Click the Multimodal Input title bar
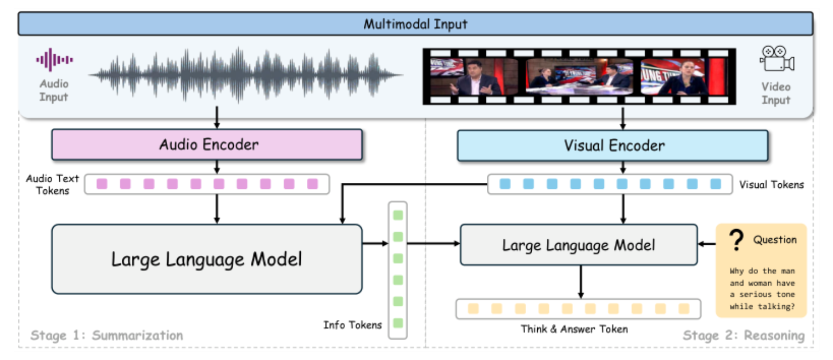(415, 24)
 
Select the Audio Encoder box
(207, 145)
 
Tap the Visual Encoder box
(613, 146)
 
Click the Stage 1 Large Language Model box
(207, 259)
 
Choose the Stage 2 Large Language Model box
(578, 245)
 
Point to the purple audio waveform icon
(55, 60)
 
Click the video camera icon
(777, 59)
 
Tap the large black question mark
(736, 240)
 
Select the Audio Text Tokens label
(52, 185)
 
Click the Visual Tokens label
(771, 185)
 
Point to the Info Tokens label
(353, 325)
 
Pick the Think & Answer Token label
(574, 329)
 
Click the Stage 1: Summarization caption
(107, 335)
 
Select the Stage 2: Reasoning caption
(744, 335)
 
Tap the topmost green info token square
(398, 215)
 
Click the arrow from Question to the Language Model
(707, 244)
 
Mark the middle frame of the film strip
(579, 76)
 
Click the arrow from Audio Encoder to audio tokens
(217, 167)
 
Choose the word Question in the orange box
(775, 240)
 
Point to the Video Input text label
(776, 93)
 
